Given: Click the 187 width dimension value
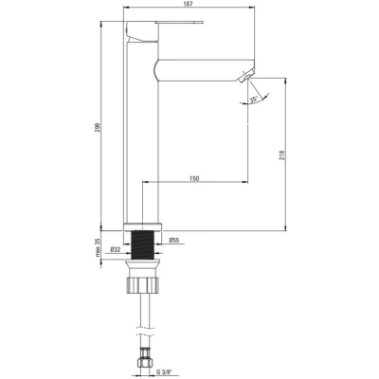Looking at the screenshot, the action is [x=189, y=4].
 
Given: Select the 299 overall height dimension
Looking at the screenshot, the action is [x=98, y=127].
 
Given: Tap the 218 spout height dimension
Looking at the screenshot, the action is [x=282, y=155].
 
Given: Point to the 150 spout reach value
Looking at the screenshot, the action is [x=194, y=179].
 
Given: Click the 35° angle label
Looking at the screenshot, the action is [x=254, y=99].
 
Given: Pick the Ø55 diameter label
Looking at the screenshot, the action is [x=174, y=241].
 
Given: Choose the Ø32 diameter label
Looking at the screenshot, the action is [x=116, y=250].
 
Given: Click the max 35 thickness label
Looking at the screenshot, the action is [x=98, y=247].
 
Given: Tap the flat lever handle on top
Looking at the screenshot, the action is [x=179, y=23].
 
